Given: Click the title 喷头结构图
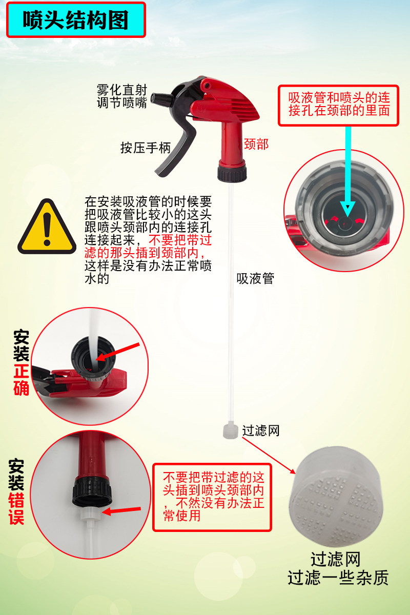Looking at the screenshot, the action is pos(75,20).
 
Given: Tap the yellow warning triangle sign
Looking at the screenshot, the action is pos(47,227).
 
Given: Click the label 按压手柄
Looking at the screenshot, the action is pos(146,148).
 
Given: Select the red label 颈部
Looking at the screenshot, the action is pos(256,144).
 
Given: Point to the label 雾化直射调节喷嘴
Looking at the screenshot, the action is pos(122,96).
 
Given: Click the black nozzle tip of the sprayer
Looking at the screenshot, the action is pos(161,98).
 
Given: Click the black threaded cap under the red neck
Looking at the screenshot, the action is pos(232,172).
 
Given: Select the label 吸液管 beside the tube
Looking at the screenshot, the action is pos(255,278).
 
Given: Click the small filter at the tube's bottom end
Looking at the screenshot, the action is pos(231,431).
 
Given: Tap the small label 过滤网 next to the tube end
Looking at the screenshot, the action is pos(261,430).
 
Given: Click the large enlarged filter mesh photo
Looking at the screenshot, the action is pos(336,497).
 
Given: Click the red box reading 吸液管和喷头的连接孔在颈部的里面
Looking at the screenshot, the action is pos(338,106).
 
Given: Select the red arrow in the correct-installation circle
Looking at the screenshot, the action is pos(117,352).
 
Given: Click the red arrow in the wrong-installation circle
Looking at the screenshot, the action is pos(121,510).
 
